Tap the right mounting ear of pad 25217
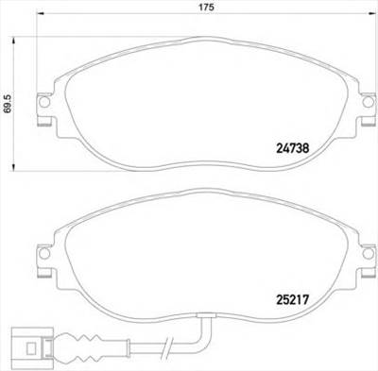[x=360, y=256]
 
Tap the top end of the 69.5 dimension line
[x=13, y=39]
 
